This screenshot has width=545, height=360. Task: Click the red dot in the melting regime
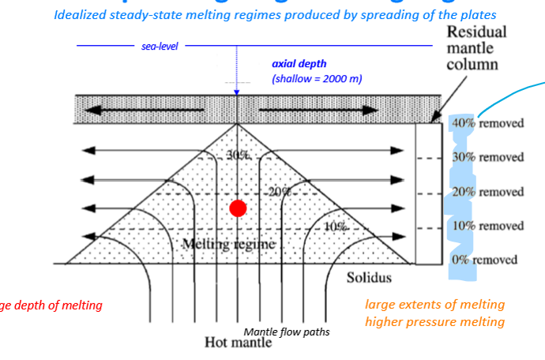(x=238, y=208)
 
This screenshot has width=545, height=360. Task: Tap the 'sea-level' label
(x=160, y=47)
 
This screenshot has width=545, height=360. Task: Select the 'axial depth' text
(x=299, y=64)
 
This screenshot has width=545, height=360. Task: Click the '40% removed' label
(x=487, y=123)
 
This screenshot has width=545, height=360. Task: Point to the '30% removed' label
(x=487, y=157)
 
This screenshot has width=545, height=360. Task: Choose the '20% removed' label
(x=487, y=192)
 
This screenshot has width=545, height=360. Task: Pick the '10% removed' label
(x=487, y=226)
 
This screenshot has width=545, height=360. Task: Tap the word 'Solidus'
(x=369, y=278)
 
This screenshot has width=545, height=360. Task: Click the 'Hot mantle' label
(x=239, y=342)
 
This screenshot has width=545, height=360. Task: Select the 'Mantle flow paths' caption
(x=286, y=332)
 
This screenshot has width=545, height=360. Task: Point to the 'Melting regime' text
(x=229, y=244)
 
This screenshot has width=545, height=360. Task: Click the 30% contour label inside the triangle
(x=238, y=156)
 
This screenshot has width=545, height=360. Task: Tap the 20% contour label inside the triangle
(x=279, y=192)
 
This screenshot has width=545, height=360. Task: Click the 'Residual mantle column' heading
(x=476, y=48)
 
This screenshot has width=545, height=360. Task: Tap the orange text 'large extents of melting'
(x=434, y=305)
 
